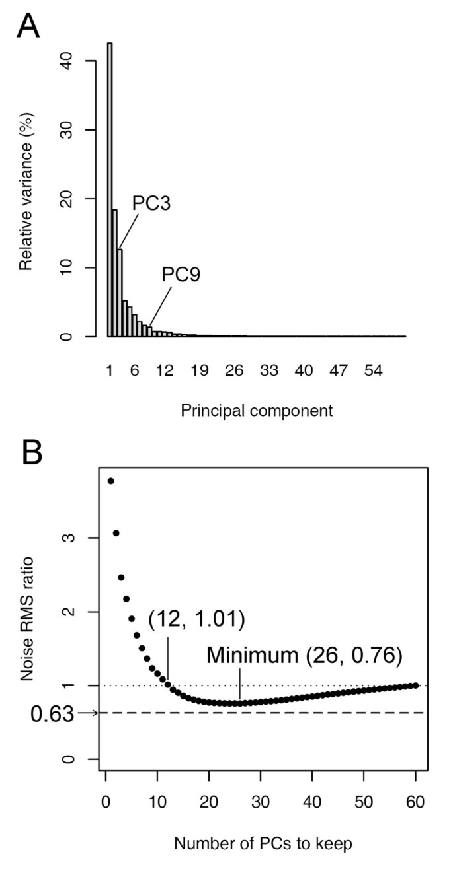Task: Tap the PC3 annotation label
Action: tap(151, 203)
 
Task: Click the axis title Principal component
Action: tap(257, 411)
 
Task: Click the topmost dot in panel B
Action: tap(111, 481)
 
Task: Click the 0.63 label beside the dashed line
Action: tap(52, 713)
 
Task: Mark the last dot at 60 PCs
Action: tap(415, 686)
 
